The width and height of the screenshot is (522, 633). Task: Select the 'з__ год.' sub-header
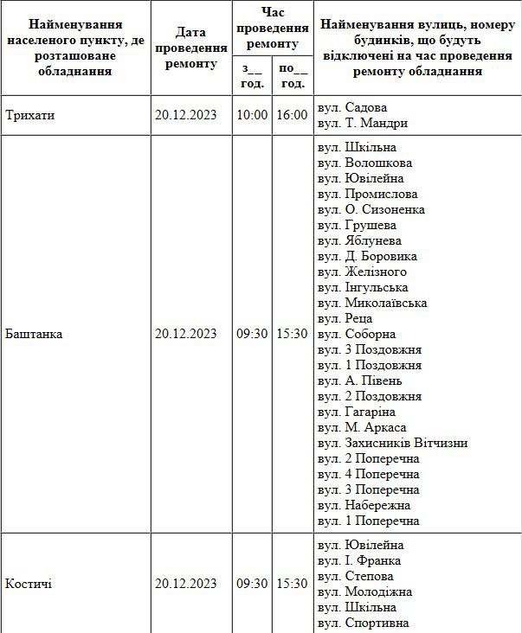pos(252,76)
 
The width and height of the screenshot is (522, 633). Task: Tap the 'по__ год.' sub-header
pos(293,76)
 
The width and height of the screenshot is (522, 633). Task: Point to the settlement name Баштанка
pos(34,334)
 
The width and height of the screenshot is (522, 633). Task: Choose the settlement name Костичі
pos(29,584)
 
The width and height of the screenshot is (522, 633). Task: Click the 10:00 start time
pos(252,115)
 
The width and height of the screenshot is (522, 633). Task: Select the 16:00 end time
pos(292,115)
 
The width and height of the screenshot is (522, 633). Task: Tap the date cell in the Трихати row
pos(185,115)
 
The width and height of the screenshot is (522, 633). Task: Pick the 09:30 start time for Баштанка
pos(252,334)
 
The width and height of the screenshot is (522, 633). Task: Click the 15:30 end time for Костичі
pos(292,584)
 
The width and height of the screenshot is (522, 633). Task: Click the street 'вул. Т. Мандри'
pos(362,123)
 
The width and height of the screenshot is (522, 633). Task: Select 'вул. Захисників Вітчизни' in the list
pos(392,443)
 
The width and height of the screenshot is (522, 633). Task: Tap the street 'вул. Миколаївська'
pos(372,303)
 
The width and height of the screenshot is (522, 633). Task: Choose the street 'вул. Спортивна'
pos(363,623)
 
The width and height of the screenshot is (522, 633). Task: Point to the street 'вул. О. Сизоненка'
pos(371,209)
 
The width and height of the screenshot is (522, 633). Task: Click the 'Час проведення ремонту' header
pos(272,28)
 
